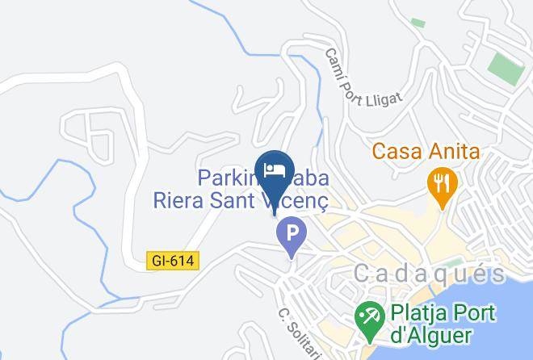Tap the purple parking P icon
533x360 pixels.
click(x=292, y=236)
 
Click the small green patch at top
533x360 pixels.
click(x=418, y=23)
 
